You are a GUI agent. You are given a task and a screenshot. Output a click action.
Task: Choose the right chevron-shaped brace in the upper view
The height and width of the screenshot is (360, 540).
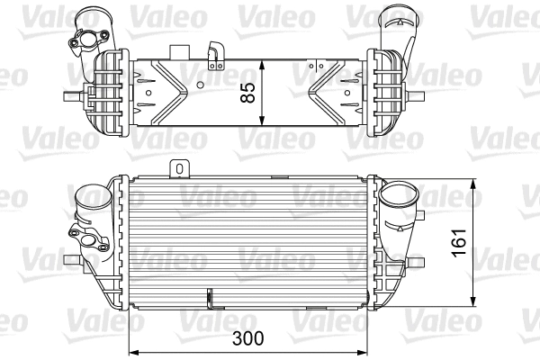click(337, 91)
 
